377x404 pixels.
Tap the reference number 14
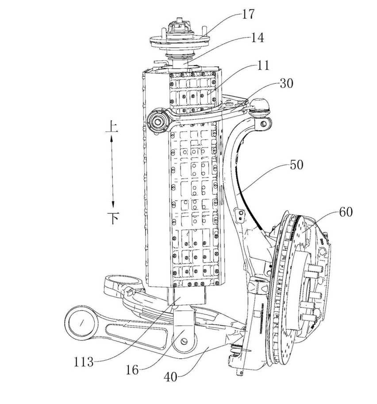tap(258, 38)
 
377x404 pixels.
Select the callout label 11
tap(263, 66)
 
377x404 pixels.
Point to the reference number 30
tap(286, 83)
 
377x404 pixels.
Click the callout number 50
tap(297, 165)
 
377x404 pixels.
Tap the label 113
tap(84, 362)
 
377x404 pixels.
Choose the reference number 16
tap(132, 370)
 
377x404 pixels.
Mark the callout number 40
tap(170, 377)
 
